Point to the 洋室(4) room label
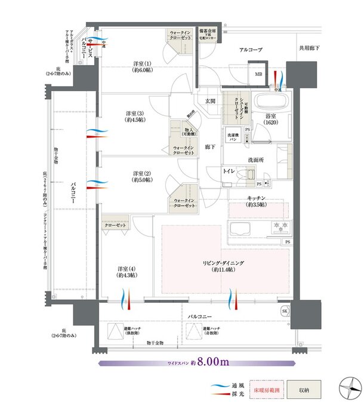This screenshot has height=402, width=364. click(127, 272)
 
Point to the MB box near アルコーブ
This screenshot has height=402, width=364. click(258, 75)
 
